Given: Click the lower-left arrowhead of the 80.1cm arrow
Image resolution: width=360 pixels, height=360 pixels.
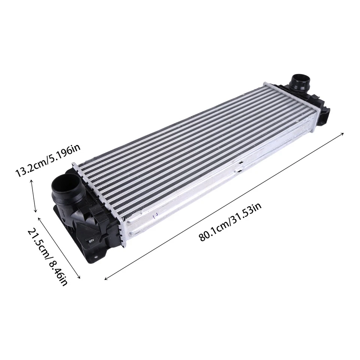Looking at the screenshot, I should point(106,279).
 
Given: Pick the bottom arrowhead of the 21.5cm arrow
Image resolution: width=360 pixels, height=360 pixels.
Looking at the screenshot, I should point(79,277).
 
